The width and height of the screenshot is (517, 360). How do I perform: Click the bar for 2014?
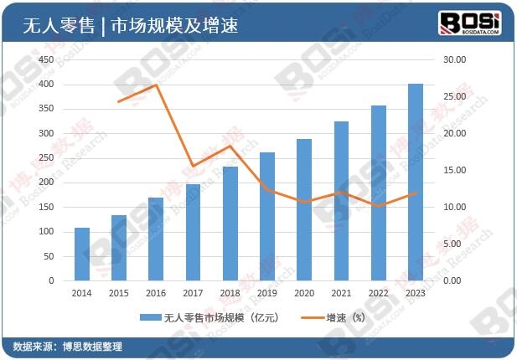(x=81, y=254)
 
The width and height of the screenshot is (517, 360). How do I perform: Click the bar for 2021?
(x=341, y=201)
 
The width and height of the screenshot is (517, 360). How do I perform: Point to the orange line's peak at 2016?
(x=156, y=85)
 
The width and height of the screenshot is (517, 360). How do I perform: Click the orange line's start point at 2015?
(x=119, y=101)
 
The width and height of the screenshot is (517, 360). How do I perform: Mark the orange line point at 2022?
(x=379, y=206)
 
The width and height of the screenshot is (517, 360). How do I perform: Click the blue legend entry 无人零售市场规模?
(x=209, y=318)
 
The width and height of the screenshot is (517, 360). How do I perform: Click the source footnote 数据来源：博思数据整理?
(x=67, y=347)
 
